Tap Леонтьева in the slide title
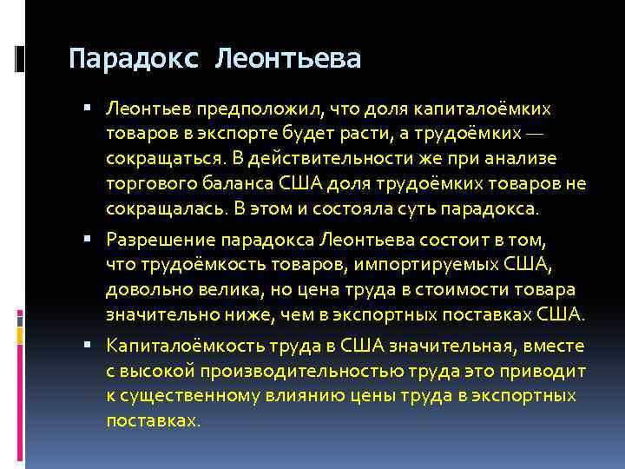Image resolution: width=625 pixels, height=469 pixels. [287, 59]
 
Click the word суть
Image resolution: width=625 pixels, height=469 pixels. [420, 209]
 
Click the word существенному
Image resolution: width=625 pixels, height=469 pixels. [184, 396]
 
